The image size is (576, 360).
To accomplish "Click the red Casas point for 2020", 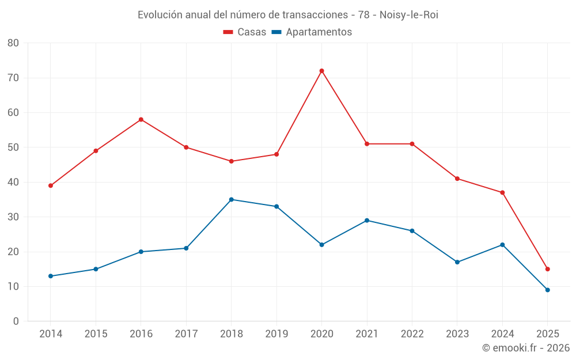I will pos(321,71).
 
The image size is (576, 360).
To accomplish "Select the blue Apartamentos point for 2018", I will pos(231,199).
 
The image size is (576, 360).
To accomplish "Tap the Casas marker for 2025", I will pos(547,269).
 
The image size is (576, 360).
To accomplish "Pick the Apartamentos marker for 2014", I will pos(51,276).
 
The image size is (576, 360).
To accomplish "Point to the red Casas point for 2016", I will pos(141,119).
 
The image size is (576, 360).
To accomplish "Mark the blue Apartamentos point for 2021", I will pos(366,220).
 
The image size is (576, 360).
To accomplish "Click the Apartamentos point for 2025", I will pos(547,290).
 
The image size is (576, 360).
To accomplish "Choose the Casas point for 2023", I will pos(457,179).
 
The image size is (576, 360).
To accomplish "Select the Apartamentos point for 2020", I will pos(321,245).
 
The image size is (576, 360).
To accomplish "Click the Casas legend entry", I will pos(245,32).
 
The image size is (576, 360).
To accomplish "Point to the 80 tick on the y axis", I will pos(13,43).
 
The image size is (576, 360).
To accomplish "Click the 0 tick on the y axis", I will pos(16,321).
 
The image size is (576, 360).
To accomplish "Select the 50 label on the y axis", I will pos(13,147).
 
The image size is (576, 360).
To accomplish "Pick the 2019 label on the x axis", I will pos(276,334).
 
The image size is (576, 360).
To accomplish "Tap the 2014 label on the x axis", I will pos(51,334).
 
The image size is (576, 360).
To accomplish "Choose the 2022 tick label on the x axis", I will pos(412,334).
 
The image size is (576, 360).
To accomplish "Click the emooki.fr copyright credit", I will pos(526,348).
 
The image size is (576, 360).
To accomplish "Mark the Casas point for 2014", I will pos(51,185).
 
